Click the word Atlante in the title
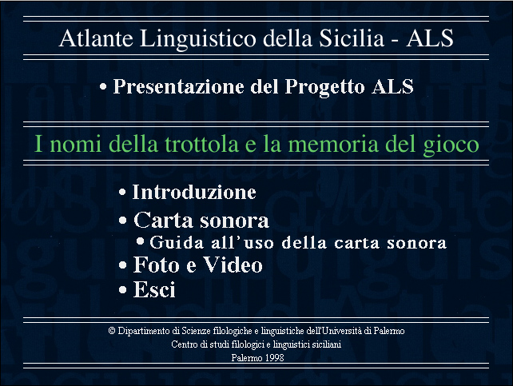(96, 38)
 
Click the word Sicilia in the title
(352, 38)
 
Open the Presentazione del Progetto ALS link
(264, 86)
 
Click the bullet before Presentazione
(103, 86)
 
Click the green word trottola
(201, 144)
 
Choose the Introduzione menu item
(194, 192)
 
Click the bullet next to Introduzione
(122, 193)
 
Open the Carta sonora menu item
(201, 220)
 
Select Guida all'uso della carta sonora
(298, 242)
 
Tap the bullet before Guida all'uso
(140, 241)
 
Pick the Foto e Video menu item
(198, 265)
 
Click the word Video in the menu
(233, 265)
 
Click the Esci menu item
(154, 289)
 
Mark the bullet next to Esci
(123, 290)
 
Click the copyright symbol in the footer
(112, 331)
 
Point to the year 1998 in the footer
(274, 357)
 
